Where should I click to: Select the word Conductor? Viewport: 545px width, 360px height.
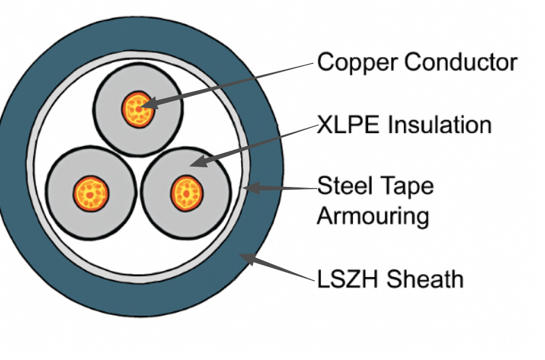(460, 62)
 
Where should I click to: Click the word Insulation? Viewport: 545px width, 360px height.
(439, 126)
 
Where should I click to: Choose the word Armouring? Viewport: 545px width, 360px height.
(373, 216)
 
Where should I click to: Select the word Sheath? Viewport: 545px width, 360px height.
(425, 279)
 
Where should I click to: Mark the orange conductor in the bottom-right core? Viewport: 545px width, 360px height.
(187, 192)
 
